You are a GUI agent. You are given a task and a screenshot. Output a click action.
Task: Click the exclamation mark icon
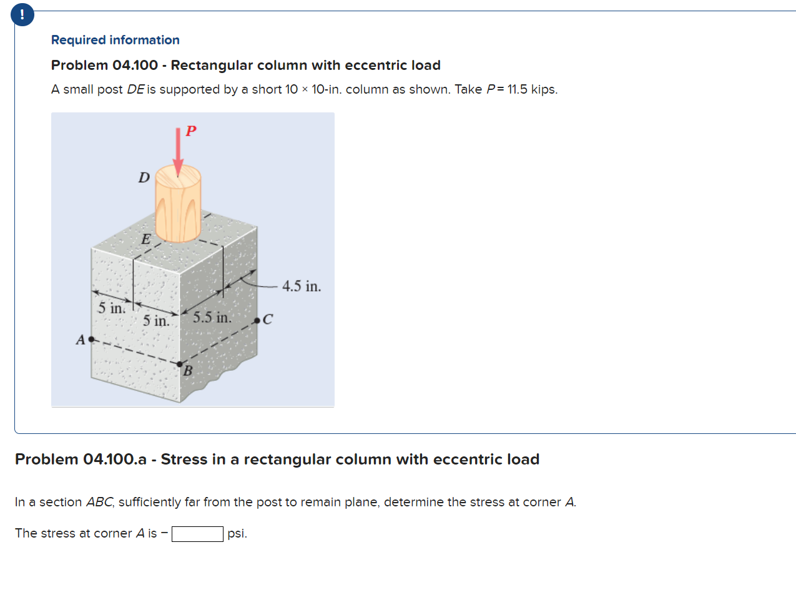pos(22,14)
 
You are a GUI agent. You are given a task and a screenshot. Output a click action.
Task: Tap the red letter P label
pos(191,130)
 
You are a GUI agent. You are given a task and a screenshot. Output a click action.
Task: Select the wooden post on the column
pos(178,203)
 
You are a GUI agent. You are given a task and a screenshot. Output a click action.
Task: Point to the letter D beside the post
pos(144,177)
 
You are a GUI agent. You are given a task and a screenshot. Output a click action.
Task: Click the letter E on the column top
pos(145,239)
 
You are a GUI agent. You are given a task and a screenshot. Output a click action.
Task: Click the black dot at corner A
pos(92,339)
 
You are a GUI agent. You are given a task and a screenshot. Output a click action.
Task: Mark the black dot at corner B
pos(180,364)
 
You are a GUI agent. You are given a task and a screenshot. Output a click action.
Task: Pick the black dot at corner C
pos(257,320)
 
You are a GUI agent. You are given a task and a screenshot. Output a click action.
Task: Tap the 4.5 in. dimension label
pos(301,287)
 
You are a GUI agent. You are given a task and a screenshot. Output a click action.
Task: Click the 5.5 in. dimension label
pos(212,317)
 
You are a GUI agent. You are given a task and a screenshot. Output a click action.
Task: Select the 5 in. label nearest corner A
pos(111,308)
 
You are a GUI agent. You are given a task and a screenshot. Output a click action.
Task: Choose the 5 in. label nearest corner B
pos(155,321)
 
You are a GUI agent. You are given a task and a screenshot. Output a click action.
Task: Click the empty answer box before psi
pos(197,534)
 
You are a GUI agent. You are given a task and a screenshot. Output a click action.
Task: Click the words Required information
pos(115,40)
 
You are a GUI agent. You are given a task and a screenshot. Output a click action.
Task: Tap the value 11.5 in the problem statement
pos(517,89)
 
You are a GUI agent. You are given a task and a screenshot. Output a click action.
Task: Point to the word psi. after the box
pos(237,534)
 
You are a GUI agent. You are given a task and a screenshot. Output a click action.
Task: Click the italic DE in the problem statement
pos(135,89)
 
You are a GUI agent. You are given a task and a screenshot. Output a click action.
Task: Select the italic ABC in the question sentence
pos(100,502)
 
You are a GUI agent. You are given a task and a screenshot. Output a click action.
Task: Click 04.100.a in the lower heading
pos(114,460)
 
